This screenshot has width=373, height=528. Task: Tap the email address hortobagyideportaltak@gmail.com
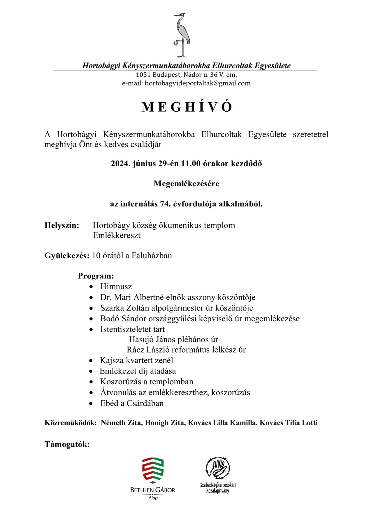tap(198, 83)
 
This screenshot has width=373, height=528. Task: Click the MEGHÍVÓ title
tap(186, 107)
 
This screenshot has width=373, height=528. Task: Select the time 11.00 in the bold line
tap(191, 164)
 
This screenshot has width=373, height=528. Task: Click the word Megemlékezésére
tap(186, 184)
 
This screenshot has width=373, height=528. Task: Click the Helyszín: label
tap(62, 225)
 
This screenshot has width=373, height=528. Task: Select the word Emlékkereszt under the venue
tap(117, 235)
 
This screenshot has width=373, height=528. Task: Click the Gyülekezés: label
tap(67, 256)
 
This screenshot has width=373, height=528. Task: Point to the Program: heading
tap(96, 276)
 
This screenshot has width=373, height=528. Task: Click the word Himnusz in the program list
tap(116, 287)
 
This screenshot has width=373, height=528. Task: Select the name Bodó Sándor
tap(120, 319)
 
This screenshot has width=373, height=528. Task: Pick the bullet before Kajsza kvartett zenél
tap(92, 361)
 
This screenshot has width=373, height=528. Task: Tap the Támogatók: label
tap(67, 444)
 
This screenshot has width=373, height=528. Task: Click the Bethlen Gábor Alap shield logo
tap(153, 471)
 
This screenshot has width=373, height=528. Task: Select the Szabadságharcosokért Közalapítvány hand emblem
tap(218, 468)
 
